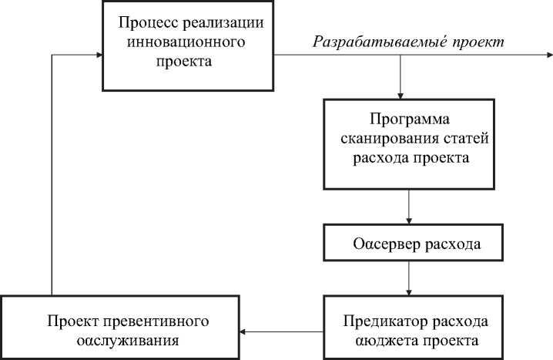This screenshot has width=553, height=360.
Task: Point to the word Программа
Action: coord(408,120)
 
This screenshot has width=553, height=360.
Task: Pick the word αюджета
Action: coord(387,339)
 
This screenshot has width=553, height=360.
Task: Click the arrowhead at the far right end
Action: coord(548,56)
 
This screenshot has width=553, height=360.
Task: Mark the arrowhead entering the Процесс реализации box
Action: coord(99,56)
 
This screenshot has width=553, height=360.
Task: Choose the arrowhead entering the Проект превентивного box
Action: coord(243,331)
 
